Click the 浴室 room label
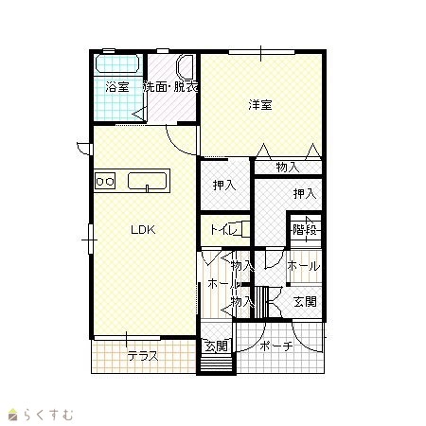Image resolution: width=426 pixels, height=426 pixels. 117,87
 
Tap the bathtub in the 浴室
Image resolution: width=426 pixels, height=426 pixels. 117,64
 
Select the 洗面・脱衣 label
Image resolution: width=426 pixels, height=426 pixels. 170,87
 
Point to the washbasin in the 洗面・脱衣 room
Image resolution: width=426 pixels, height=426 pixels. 186,68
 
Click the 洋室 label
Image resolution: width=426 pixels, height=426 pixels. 260,105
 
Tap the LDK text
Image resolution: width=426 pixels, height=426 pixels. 143,230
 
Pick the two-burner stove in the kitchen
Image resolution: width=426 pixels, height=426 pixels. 105,181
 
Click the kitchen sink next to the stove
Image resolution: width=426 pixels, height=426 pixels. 147,181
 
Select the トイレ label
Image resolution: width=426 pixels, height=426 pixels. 224,230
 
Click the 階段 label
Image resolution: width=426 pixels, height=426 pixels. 305,229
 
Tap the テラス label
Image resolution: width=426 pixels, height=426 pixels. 143,357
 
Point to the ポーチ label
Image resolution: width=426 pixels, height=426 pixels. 276,346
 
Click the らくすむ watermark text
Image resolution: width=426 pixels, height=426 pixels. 48,415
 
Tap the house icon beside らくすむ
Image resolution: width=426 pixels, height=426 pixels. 13,415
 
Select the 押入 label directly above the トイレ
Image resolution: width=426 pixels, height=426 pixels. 224,186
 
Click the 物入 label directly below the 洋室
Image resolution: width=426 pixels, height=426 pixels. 288,167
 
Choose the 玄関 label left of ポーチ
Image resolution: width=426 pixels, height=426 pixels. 217,346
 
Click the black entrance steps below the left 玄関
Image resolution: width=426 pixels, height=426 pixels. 217,364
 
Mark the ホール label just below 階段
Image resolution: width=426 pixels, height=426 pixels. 304,266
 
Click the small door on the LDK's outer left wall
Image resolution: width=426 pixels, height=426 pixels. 84,149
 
